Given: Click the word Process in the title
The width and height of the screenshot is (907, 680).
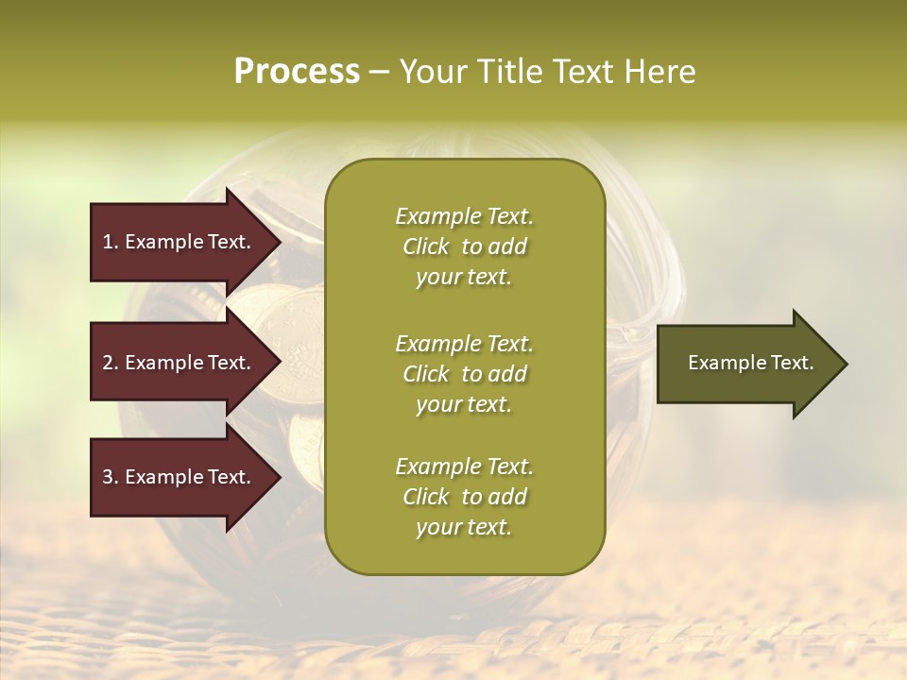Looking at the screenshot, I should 297,72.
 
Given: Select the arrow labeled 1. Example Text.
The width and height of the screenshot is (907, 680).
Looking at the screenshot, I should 180,242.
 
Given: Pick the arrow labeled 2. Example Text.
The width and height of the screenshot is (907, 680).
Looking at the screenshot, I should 180,363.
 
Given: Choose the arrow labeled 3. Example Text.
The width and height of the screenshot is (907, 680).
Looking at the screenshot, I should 180,477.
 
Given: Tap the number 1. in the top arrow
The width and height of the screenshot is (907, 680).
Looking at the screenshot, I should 111,242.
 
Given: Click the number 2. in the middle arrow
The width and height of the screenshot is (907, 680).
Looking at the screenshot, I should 111,363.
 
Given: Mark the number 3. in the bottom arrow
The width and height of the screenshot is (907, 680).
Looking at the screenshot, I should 111,477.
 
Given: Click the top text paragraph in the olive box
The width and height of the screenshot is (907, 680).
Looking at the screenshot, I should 464,246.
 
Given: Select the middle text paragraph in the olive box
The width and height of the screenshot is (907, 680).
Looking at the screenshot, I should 464,374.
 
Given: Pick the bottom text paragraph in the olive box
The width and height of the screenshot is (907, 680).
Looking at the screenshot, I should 464,497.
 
